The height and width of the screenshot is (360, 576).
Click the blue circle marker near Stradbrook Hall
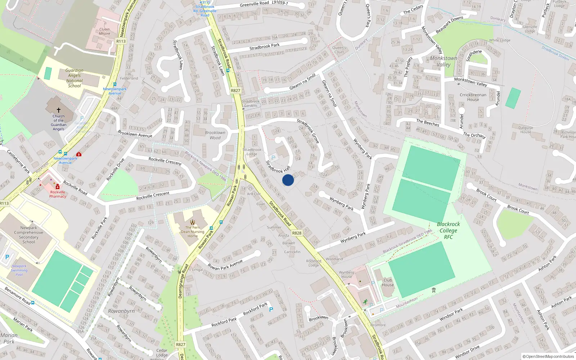point(288,180)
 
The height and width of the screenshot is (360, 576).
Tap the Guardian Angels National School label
point(75,78)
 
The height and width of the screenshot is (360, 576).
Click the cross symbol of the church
point(59,110)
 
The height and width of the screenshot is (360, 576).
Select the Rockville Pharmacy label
point(58,194)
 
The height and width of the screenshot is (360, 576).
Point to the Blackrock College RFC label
point(448,230)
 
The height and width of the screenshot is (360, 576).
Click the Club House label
point(388,283)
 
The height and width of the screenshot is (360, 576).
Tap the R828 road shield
point(297,233)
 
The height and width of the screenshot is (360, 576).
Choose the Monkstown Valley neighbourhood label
point(444,61)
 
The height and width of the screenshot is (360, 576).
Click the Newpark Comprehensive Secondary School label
point(29,235)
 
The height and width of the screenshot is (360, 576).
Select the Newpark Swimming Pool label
point(19,270)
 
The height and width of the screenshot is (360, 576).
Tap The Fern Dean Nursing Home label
point(193,231)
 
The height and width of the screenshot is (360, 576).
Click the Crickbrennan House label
point(473,97)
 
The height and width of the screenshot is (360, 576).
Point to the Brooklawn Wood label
point(215,135)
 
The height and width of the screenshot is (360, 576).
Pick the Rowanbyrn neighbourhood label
point(121,311)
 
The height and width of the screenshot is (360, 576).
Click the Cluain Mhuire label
point(104,31)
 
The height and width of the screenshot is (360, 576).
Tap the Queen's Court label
point(339,50)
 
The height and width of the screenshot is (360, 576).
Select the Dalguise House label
point(526,130)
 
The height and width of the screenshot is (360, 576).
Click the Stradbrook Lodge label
point(252,152)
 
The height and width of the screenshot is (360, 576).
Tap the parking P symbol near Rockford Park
point(271,309)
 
